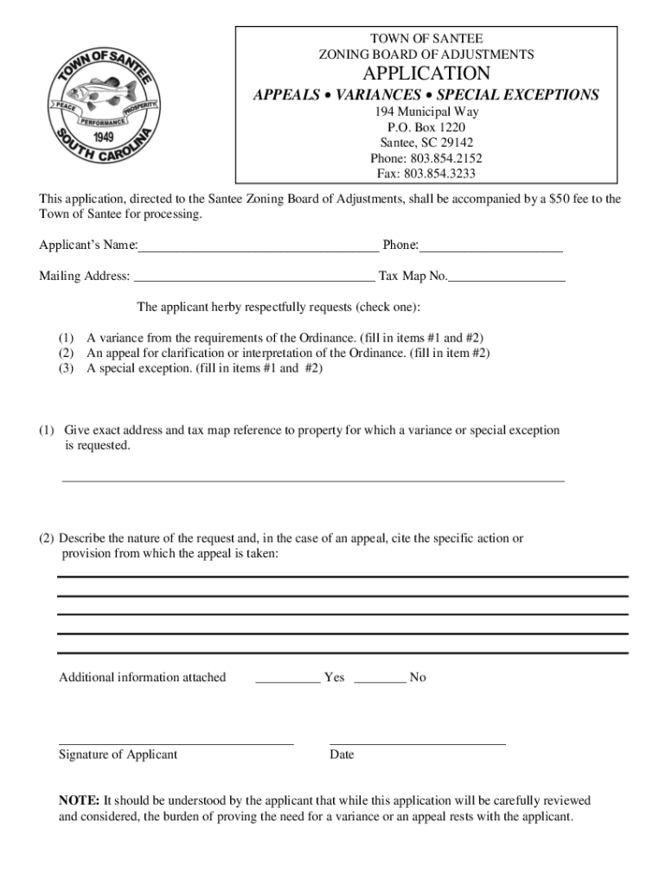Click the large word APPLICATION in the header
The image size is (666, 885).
click(x=426, y=73)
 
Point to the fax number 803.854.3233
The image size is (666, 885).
click(x=439, y=174)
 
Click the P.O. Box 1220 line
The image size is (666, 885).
click(x=426, y=127)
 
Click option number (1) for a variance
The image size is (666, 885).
click(x=66, y=338)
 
